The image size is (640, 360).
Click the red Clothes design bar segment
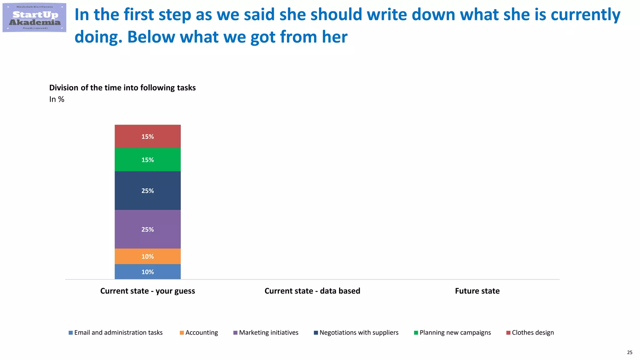click(147, 136)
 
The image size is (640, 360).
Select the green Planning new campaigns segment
click(147, 160)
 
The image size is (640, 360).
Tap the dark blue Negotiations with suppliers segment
click(147, 191)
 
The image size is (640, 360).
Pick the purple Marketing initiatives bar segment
click(147, 229)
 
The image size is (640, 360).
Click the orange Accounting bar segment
click(147, 256)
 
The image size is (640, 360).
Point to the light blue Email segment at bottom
click(147, 272)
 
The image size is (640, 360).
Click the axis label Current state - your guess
click(147, 291)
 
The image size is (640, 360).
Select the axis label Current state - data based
click(312, 291)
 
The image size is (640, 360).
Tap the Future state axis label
click(477, 291)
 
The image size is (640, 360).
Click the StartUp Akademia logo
click(34, 18)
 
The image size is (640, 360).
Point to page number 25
click(629, 352)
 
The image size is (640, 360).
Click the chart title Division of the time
click(122, 88)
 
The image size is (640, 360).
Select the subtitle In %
click(57, 99)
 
